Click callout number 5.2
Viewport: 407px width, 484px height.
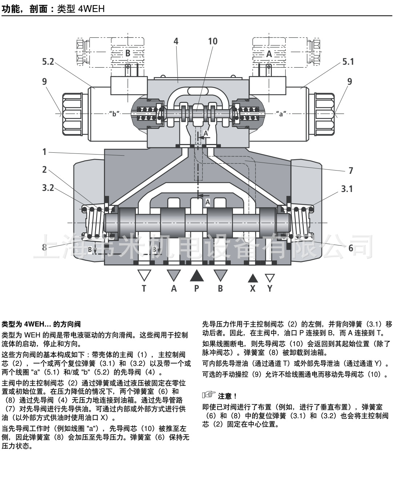pos(48,62)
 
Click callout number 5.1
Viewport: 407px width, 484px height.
pos(348,62)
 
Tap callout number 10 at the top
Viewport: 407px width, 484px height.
pos(213,41)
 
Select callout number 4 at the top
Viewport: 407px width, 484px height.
pos(176,41)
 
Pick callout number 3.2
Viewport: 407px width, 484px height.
pos(48,188)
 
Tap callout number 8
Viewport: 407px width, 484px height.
pos(45,248)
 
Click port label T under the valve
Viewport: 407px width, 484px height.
pos(144,288)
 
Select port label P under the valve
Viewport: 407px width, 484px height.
pos(197,288)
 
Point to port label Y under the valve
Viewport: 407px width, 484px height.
pos(269,288)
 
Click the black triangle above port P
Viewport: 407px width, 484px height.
pos(197,276)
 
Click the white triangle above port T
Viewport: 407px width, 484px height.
pos(144,275)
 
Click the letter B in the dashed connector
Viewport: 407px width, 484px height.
pos(128,53)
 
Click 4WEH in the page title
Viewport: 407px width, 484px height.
pos(91,8)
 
